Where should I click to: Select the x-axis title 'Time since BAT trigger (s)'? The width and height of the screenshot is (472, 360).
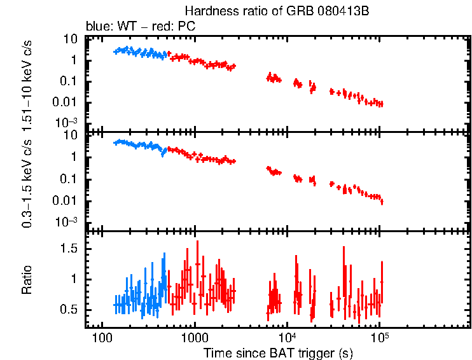tap(278, 352)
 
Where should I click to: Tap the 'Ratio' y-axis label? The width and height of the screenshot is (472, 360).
tap(27, 279)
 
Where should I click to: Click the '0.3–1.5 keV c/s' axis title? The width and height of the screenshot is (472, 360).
tap(27, 184)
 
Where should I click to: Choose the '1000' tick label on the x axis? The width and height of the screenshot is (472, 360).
tap(193, 336)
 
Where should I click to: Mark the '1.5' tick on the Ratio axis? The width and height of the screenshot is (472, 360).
tap(69, 249)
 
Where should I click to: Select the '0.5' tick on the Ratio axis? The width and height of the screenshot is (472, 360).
tap(69, 310)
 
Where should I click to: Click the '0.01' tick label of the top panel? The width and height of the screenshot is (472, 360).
tap(66, 102)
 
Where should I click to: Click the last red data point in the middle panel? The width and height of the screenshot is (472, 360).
tap(382, 202)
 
